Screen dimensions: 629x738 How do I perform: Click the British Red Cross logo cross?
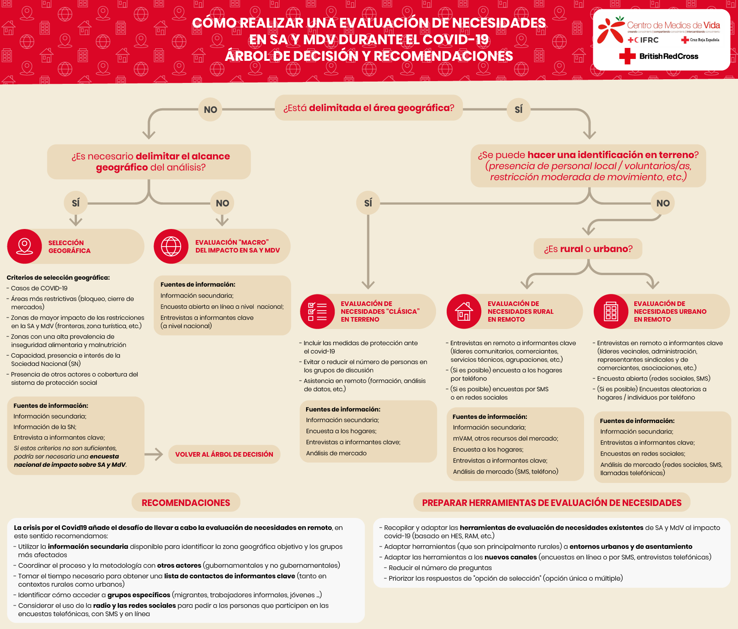[627, 56]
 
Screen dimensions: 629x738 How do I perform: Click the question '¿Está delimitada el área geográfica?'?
[368, 108]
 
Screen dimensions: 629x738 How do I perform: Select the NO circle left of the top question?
[210, 110]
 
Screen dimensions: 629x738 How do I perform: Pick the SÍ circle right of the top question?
[519, 110]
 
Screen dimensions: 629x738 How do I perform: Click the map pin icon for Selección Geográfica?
[24, 246]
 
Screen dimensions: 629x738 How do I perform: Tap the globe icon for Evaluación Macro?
[171, 246]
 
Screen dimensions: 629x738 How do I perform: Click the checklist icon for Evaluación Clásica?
[317, 312]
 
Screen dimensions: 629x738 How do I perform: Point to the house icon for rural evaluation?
[464, 312]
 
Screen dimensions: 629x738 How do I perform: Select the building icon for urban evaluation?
[611, 312]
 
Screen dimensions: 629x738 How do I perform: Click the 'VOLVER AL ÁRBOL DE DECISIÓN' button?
[224, 454]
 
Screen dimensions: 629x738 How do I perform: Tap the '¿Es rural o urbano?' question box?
[588, 249]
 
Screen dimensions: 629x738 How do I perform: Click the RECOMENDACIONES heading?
[186, 503]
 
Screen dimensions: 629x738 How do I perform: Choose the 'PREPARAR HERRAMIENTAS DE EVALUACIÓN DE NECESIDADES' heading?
[552, 503]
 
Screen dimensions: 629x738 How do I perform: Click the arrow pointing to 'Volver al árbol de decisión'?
[154, 454]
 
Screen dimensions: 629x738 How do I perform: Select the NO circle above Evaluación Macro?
[222, 203]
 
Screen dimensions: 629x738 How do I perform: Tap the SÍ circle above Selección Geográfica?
[76, 203]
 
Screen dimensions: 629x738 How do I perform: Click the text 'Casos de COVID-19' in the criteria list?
[39, 288]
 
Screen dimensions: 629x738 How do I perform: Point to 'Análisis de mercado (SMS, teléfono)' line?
[505, 471]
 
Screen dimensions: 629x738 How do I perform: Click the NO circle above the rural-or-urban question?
[663, 203]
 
